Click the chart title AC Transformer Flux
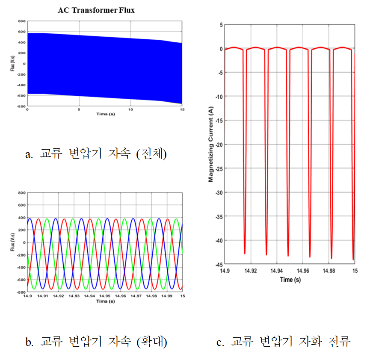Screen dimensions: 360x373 pos(96,10)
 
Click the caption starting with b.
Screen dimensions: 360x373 pos(96,342)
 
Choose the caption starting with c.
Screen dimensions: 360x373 pos(284,342)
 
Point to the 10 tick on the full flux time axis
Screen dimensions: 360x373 pos(131,109)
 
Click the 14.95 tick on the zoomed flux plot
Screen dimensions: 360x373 pos(105,296)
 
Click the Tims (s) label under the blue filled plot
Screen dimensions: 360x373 pos(105,114)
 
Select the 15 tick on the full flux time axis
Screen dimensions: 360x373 pos(182,109)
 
